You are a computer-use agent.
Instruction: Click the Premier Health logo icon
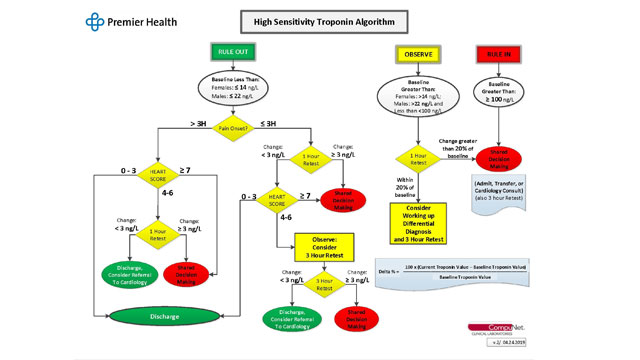point(94,21)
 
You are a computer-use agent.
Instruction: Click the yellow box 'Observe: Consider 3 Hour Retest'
point(325,244)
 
